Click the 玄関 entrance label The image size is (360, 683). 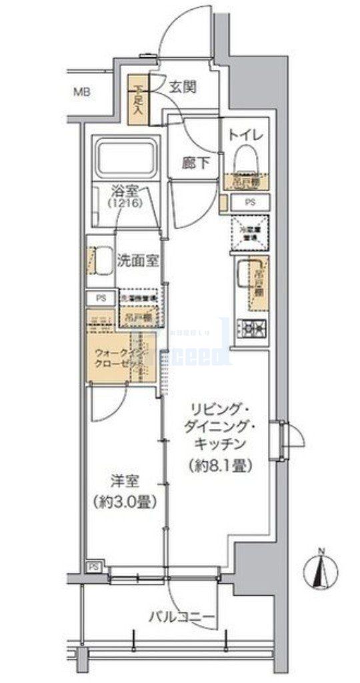point(182,87)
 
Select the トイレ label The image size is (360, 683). point(247,135)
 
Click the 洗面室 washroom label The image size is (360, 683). point(137,261)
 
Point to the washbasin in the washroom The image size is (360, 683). point(101,261)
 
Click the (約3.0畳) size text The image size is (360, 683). point(124,501)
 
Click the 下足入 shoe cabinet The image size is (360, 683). point(139,97)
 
